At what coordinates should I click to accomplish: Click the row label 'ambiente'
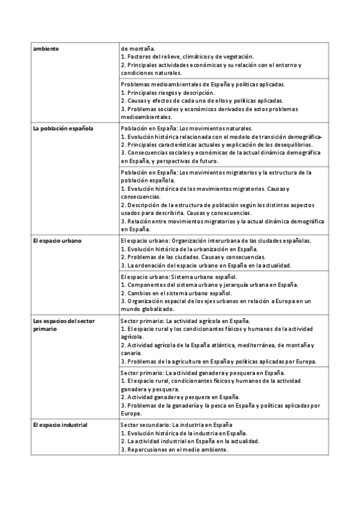pos(46,48)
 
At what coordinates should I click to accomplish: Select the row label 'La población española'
pos(64,128)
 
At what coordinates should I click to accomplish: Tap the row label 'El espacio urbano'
pos(58,241)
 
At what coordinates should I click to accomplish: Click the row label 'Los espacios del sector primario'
pos(64,325)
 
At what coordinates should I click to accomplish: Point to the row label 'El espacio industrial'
pos(61,425)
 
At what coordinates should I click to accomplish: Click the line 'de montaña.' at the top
pos(137,48)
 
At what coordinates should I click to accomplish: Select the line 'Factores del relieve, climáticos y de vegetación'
pos(188,56)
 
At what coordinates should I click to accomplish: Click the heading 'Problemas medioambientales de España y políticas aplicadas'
pos(203,85)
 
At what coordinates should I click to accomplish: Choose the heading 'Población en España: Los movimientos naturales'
pos(187,128)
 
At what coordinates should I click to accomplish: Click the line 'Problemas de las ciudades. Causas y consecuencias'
pos(189,257)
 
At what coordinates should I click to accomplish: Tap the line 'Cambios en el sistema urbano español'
pos(176,293)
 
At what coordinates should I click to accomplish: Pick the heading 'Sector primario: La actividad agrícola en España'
pos(185,321)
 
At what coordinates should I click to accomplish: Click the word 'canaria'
pos(131,353)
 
